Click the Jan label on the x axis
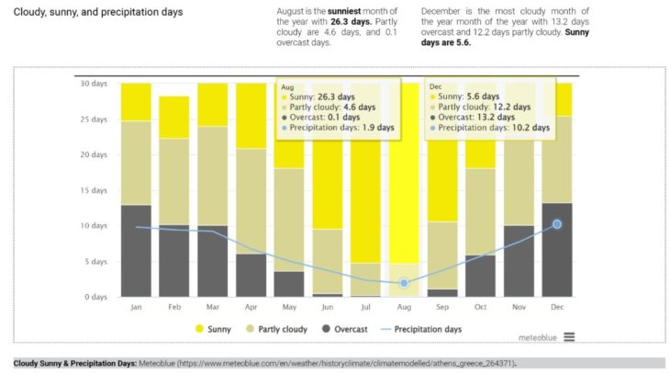pyautogui.click(x=136, y=307)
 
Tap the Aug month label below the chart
pyautogui.click(x=404, y=307)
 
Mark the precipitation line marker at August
pyautogui.click(x=404, y=283)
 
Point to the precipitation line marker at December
pyautogui.click(x=556, y=224)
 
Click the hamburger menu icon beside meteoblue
pyautogui.click(x=569, y=337)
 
